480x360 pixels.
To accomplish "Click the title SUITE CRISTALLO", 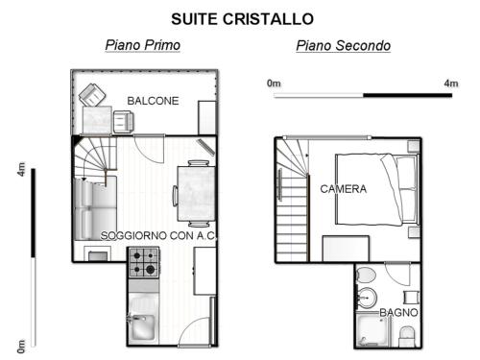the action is pyautogui.click(x=242, y=19).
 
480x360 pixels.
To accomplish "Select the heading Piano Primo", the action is pyautogui.click(x=143, y=45).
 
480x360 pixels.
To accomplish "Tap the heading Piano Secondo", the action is pyautogui.click(x=344, y=45).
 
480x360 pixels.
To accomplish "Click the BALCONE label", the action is pyautogui.click(x=153, y=101).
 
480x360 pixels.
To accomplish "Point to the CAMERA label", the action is pyautogui.click(x=344, y=189).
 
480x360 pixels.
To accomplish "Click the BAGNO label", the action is pyautogui.click(x=398, y=312).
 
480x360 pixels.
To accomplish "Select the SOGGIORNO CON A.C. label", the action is pyautogui.click(x=158, y=236).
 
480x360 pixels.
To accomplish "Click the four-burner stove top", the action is pyautogui.click(x=144, y=262).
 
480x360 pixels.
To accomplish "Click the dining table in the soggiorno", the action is pyautogui.click(x=196, y=193).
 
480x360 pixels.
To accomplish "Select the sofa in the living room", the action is pyautogui.click(x=95, y=208).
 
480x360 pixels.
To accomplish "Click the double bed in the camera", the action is pyautogui.click(x=377, y=189).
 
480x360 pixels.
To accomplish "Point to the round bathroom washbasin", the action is pyautogui.click(x=367, y=298).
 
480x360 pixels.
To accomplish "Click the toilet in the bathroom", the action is pyautogui.click(x=366, y=275).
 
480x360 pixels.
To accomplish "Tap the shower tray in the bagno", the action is pyautogui.click(x=372, y=329).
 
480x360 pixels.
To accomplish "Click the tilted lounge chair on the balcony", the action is pyautogui.click(x=92, y=95).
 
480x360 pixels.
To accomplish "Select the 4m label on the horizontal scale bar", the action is pyautogui.click(x=451, y=84).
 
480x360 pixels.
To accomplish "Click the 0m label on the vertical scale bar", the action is pyautogui.click(x=21, y=347).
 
